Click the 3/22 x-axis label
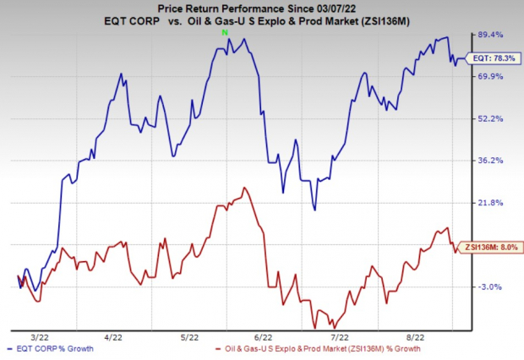[x=50, y=335]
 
